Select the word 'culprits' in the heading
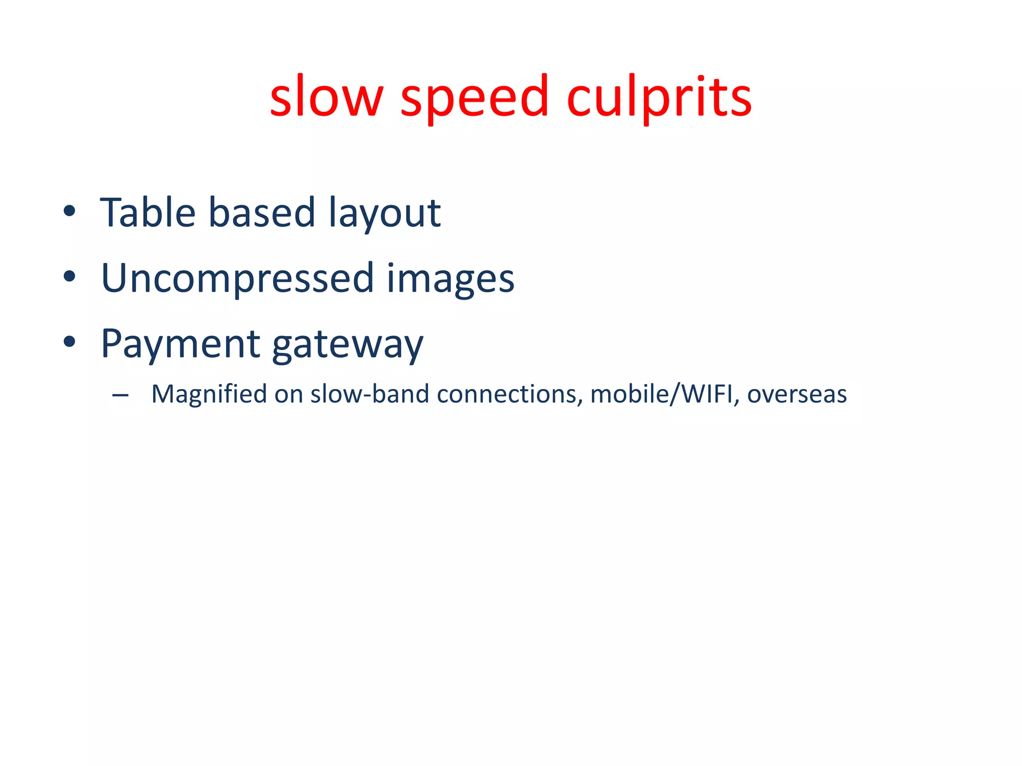[659, 97]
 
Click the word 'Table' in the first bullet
[148, 213]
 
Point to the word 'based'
[261, 213]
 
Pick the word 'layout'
[384, 214]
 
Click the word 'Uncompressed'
[238, 279]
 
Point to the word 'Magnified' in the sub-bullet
[209, 394]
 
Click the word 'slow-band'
[370, 394]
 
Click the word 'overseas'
[797, 394]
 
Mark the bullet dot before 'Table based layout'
[69, 211]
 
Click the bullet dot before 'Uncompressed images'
[69, 276]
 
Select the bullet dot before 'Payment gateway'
[69, 342]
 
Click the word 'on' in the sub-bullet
[288, 394]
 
